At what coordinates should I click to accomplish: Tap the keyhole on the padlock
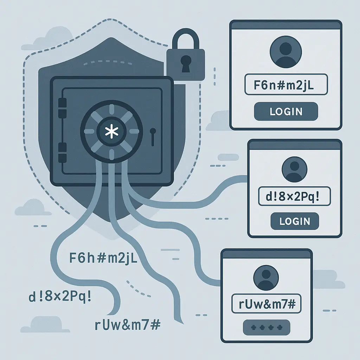(x=186, y=64)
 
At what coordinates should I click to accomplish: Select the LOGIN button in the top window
(x=286, y=111)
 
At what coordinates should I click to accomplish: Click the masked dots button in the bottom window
(x=266, y=327)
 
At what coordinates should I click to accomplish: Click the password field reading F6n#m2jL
(x=286, y=84)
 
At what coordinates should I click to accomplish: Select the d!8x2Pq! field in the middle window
(x=294, y=196)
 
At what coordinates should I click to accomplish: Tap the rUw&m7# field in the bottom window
(x=266, y=303)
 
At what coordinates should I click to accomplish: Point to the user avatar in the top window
(x=286, y=52)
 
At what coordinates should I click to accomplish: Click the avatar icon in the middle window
(x=295, y=169)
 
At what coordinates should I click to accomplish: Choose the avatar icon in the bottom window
(x=266, y=278)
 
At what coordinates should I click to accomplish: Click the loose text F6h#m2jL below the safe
(x=103, y=258)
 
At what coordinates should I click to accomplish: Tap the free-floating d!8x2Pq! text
(x=60, y=297)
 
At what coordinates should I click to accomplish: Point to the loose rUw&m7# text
(x=127, y=325)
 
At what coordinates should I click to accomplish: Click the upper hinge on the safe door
(x=63, y=108)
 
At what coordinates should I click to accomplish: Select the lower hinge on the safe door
(x=63, y=153)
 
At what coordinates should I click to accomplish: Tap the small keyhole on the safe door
(x=153, y=137)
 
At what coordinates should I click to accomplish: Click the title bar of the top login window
(x=286, y=25)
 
